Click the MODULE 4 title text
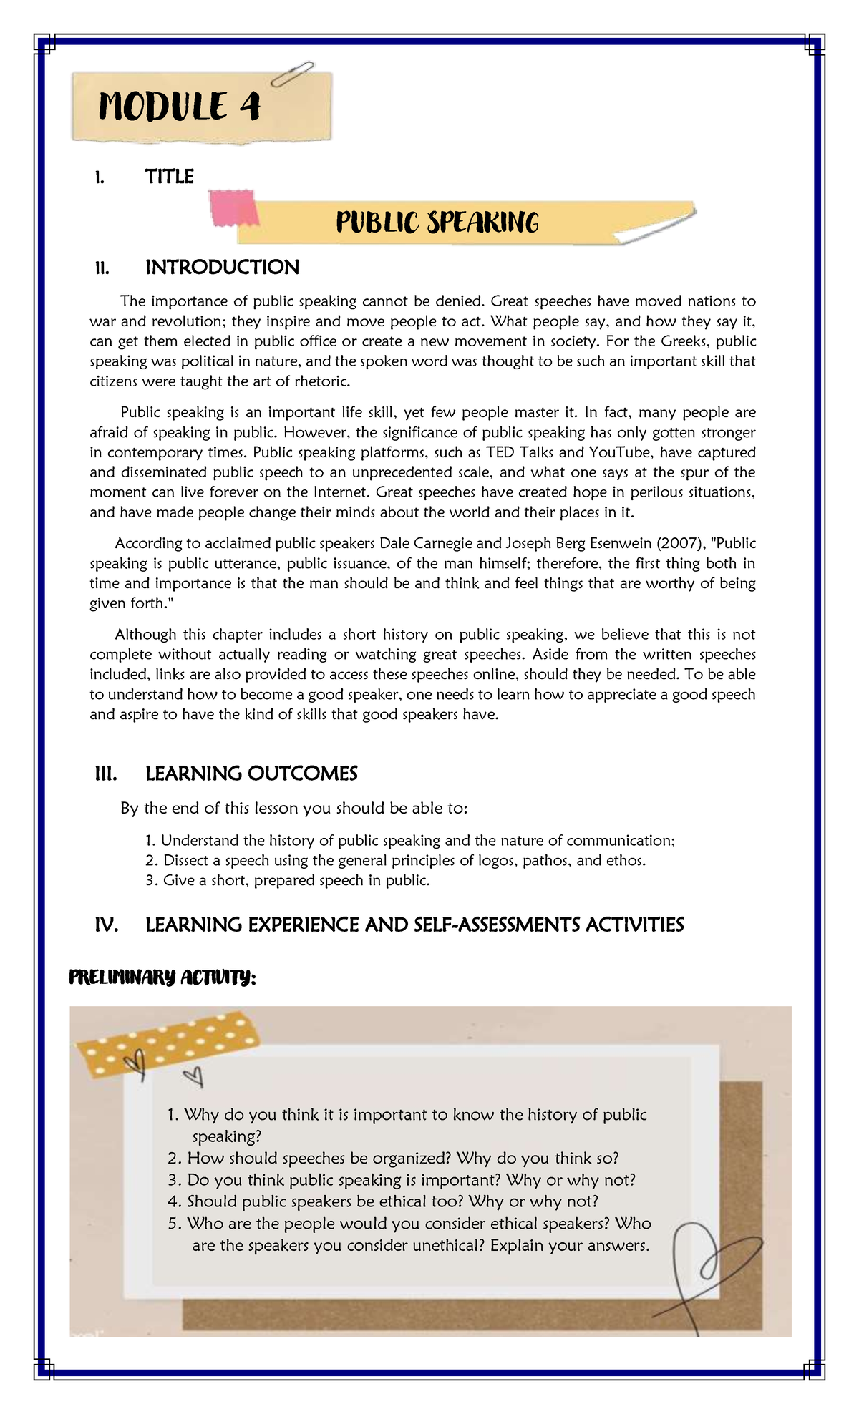(x=180, y=107)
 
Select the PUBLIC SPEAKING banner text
(x=437, y=223)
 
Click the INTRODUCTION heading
(x=222, y=268)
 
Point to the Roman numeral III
(x=105, y=774)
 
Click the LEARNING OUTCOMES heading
(x=251, y=774)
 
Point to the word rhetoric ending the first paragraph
(x=322, y=381)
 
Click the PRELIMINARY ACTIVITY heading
(x=162, y=977)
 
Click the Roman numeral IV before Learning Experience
(x=106, y=925)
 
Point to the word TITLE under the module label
(x=169, y=177)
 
